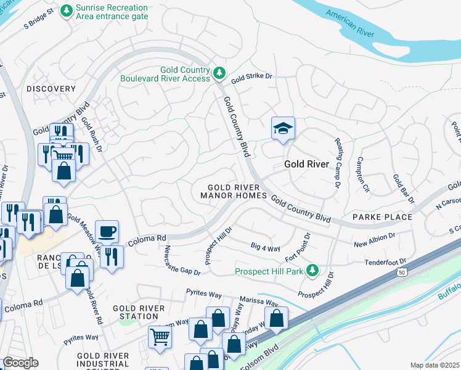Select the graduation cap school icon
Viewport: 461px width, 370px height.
(x=283, y=129)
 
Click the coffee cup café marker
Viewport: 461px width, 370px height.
(x=107, y=231)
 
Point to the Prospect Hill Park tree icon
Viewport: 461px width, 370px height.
(x=312, y=271)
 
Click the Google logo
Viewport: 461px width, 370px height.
(x=20, y=362)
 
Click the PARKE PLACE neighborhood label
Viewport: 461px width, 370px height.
(x=382, y=217)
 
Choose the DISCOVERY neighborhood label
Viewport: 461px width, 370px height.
(x=51, y=89)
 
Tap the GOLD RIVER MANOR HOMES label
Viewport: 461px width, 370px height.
(x=233, y=191)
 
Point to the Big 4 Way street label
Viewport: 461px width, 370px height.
(x=265, y=248)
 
